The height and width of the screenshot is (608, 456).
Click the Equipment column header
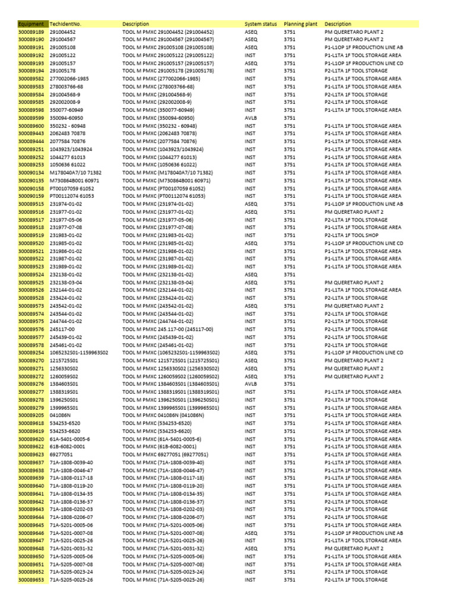click(x=31, y=24)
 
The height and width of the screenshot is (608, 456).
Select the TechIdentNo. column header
click(x=65, y=24)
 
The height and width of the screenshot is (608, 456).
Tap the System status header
click(x=261, y=24)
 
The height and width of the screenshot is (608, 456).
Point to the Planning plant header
click(x=300, y=24)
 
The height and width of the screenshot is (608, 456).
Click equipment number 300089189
click(x=31, y=31)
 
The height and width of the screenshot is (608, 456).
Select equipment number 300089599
click(x=31, y=118)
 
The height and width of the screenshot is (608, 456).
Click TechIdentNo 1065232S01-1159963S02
click(x=79, y=353)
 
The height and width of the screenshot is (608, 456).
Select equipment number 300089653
click(x=31, y=579)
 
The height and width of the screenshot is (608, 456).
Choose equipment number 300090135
click(x=31, y=180)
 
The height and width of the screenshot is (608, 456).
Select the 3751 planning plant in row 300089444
click(x=289, y=141)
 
